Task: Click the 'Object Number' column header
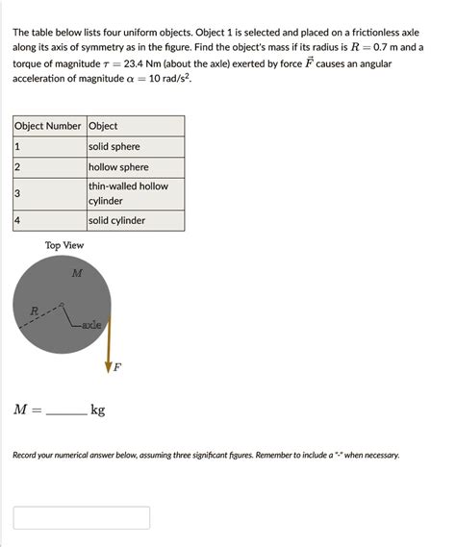coord(48,126)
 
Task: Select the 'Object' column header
coord(103,126)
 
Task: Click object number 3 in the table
coord(17,193)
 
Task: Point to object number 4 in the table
coord(17,220)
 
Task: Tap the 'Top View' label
coord(64,245)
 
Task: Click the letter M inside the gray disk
coord(77,274)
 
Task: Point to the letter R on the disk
coord(35,311)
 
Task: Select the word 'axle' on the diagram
coord(92,326)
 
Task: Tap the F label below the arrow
coord(117,367)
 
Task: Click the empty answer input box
coord(82,517)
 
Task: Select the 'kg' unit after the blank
coord(98,410)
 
